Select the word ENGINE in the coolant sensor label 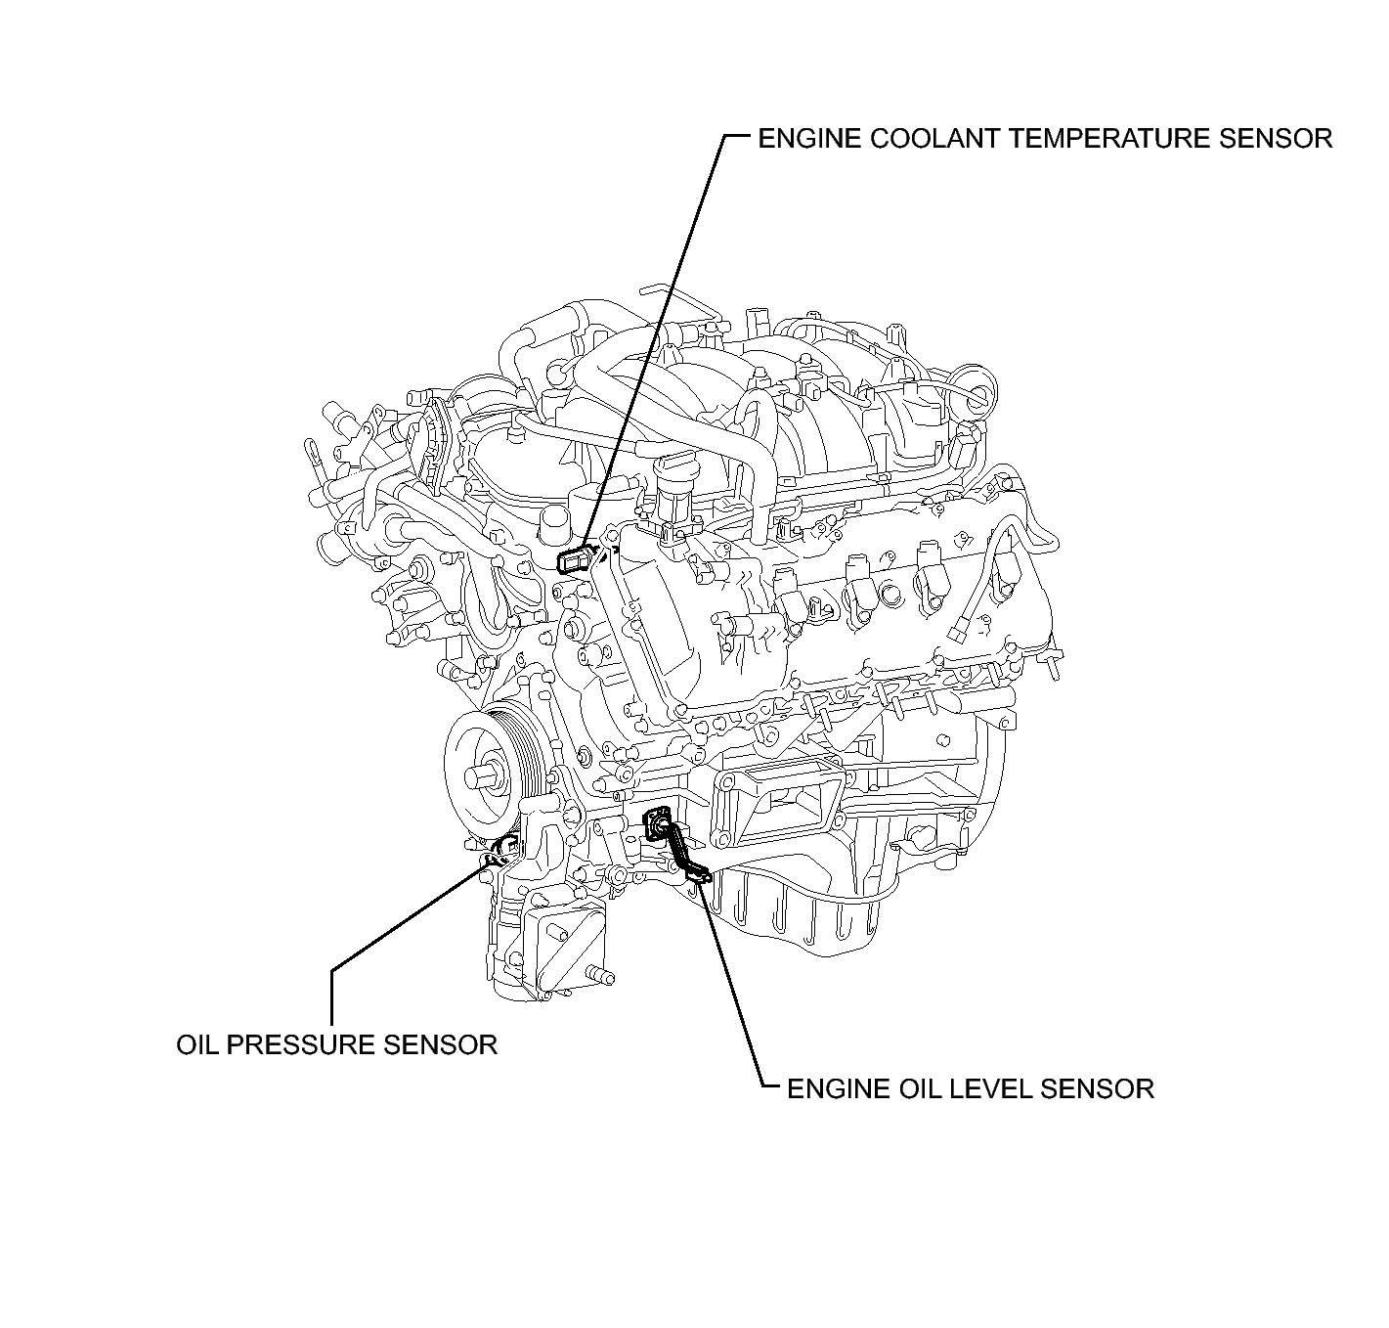coord(809,139)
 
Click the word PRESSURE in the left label coord(301,1045)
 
